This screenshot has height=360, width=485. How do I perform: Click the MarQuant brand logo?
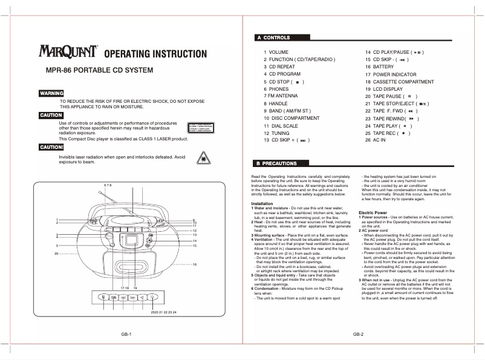click(68, 53)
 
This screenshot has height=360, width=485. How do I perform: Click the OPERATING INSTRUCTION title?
click(155, 54)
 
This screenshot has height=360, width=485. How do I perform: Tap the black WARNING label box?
click(51, 93)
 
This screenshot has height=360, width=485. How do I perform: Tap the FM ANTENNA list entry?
click(281, 96)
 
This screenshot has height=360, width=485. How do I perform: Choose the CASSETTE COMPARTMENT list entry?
click(399, 82)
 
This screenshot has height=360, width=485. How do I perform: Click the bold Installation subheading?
click(262, 204)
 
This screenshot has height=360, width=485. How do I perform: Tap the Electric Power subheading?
click(373, 213)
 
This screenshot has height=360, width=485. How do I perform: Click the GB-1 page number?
click(126, 334)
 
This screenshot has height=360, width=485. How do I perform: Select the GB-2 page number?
click(358, 334)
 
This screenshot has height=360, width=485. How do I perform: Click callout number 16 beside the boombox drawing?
click(195, 264)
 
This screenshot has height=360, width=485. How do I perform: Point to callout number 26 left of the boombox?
click(56, 254)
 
